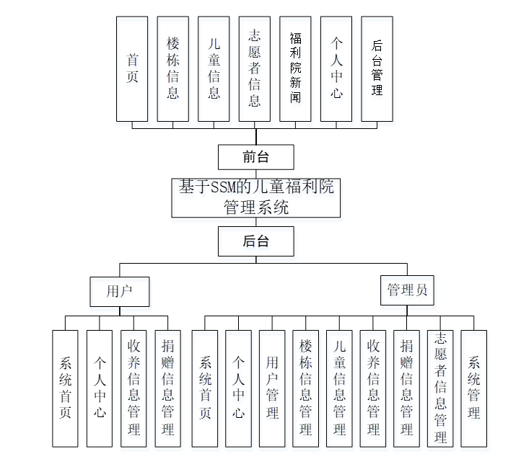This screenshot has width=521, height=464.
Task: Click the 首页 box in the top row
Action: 132,68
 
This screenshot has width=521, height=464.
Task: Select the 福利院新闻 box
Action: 295,68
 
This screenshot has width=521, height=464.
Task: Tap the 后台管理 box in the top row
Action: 377,68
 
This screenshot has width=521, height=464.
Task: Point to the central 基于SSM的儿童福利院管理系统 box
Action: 255,197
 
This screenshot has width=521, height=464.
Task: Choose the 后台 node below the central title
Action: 255,241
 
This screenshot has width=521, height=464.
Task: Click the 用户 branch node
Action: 119,291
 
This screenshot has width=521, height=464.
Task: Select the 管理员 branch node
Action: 407,290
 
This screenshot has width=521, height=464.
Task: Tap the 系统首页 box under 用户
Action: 65,388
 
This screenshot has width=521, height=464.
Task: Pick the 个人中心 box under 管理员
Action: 238,388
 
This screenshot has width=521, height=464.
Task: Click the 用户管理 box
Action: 272,388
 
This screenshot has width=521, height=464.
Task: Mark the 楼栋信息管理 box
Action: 306,388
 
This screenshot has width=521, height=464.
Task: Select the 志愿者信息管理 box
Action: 440,388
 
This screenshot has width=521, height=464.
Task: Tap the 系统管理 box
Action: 474,388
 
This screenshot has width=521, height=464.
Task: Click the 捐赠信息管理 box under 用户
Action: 167,388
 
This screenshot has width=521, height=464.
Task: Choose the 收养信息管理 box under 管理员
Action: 373,388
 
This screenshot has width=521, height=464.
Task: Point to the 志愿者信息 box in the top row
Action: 254,68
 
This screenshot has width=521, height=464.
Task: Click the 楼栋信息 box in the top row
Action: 172,68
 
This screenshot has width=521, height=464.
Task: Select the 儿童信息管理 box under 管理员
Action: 339,388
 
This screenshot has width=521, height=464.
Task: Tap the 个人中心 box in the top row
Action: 336,68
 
